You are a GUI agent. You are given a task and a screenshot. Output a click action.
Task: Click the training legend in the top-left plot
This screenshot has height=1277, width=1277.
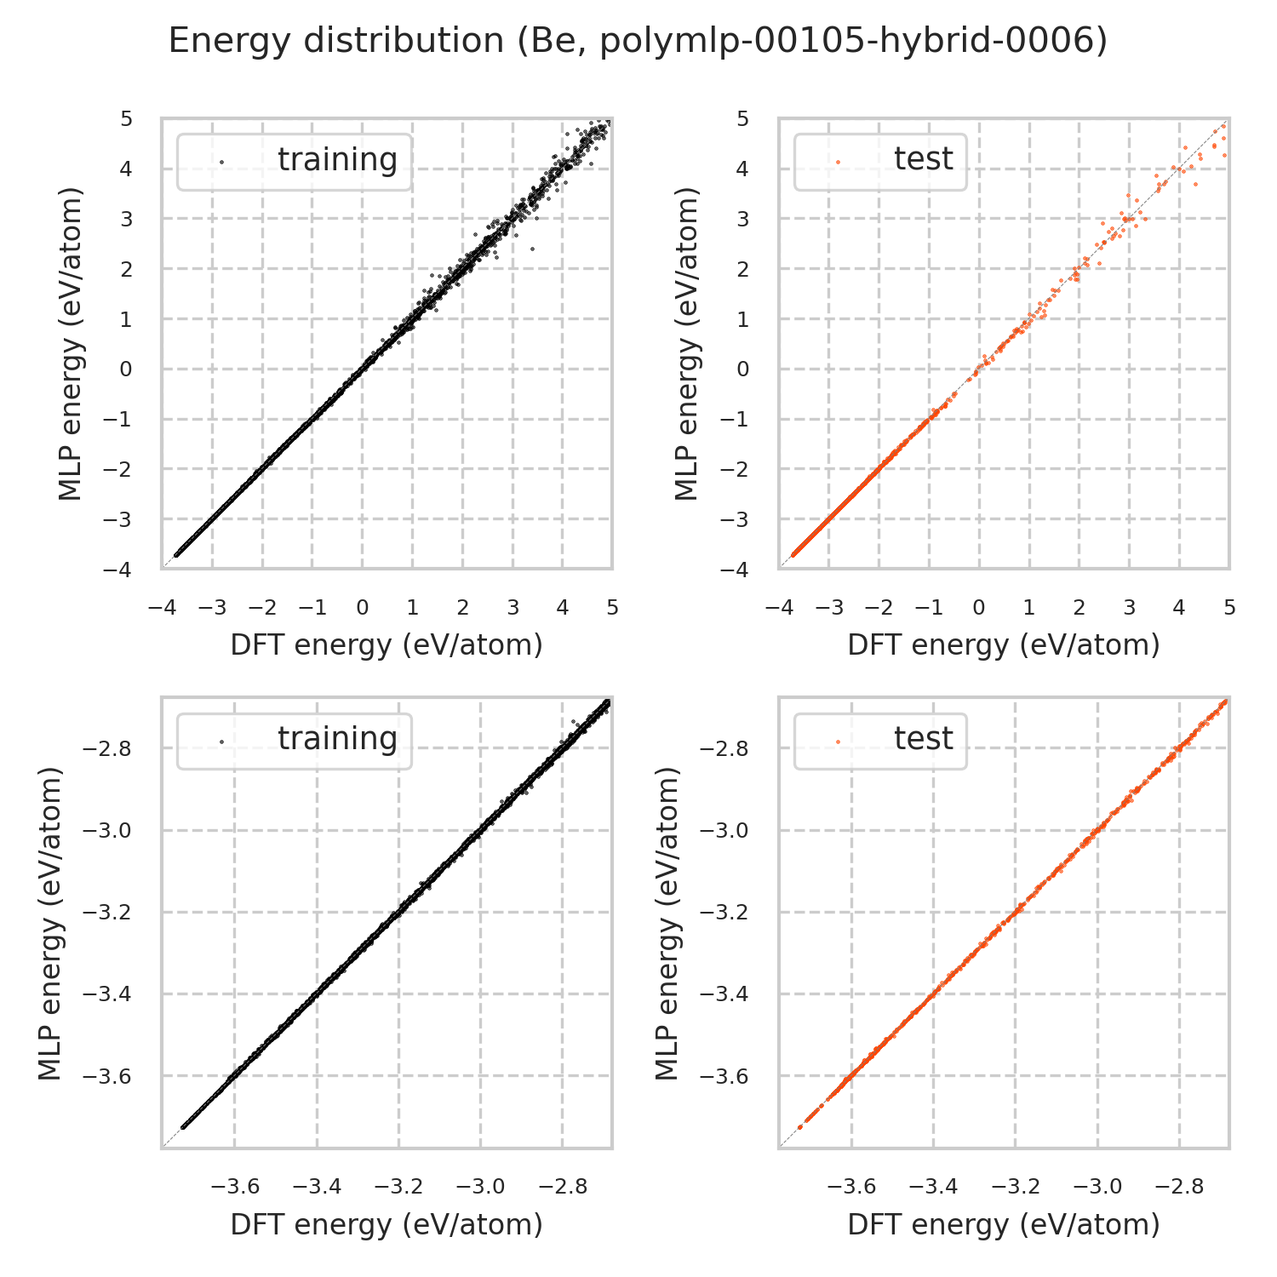(x=295, y=161)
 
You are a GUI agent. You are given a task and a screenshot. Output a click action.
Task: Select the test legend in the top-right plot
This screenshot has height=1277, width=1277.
(x=880, y=161)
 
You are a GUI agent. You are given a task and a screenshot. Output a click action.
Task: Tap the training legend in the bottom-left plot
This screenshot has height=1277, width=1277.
(x=295, y=740)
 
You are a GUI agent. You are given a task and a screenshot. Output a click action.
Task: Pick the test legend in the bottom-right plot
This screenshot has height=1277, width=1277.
(x=880, y=740)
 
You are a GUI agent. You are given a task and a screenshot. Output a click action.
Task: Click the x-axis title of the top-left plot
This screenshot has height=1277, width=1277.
(x=387, y=645)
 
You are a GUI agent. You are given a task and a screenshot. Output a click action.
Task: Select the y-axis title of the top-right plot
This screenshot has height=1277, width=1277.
(x=686, y=343)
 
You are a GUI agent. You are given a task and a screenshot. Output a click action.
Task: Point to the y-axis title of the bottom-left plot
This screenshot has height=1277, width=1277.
(x=51, y=923)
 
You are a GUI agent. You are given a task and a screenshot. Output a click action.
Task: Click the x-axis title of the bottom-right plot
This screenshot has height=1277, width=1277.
(x=1004, y=1224)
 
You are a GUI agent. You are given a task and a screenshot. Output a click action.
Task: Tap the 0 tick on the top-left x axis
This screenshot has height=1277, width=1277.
(x=363, y=608)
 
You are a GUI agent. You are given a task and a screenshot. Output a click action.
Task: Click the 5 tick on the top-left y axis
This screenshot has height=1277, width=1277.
(x=127, y=118)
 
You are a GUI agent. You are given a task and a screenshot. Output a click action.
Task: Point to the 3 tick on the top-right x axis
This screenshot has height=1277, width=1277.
(x=1129, y=608)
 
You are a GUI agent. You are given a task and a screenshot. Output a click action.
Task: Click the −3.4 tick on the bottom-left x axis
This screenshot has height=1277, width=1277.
(x=317, y=1187)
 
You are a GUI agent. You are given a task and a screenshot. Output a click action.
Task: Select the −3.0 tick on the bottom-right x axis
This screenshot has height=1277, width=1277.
(x=1097, y=1187)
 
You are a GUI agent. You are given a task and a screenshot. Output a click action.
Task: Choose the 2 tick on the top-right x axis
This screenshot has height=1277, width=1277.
(x=1079, y=608)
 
